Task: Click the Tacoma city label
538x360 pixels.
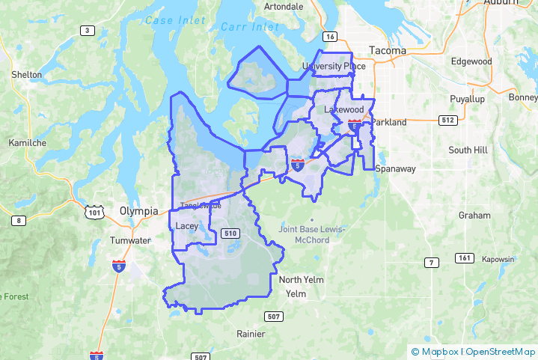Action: tap(388, 51)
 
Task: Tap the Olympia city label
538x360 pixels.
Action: tap(139, 211)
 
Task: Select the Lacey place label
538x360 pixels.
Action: tap(185, 225)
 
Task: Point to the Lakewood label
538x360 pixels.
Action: tap(343, 109)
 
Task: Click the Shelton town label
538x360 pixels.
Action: tap(27, 75)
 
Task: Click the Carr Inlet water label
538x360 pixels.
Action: tap(250, 28)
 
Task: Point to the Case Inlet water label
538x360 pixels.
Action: tap(175, 19)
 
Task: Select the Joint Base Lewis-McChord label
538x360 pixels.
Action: tap(314, 234)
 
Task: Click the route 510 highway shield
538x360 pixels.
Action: tap(230, 234)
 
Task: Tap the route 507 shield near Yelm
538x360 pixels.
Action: tap(274, 317)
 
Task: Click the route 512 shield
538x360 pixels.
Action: tap(447, 120)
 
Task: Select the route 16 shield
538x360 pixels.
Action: tap(330, 36)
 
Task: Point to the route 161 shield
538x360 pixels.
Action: tap(464, 258)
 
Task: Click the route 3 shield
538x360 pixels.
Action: tap(88, 30)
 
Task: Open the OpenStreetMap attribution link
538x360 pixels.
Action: tap(501, 351)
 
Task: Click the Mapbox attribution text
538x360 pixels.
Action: tap(439, 351)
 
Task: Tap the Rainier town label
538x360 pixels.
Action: tap(251, 333)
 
